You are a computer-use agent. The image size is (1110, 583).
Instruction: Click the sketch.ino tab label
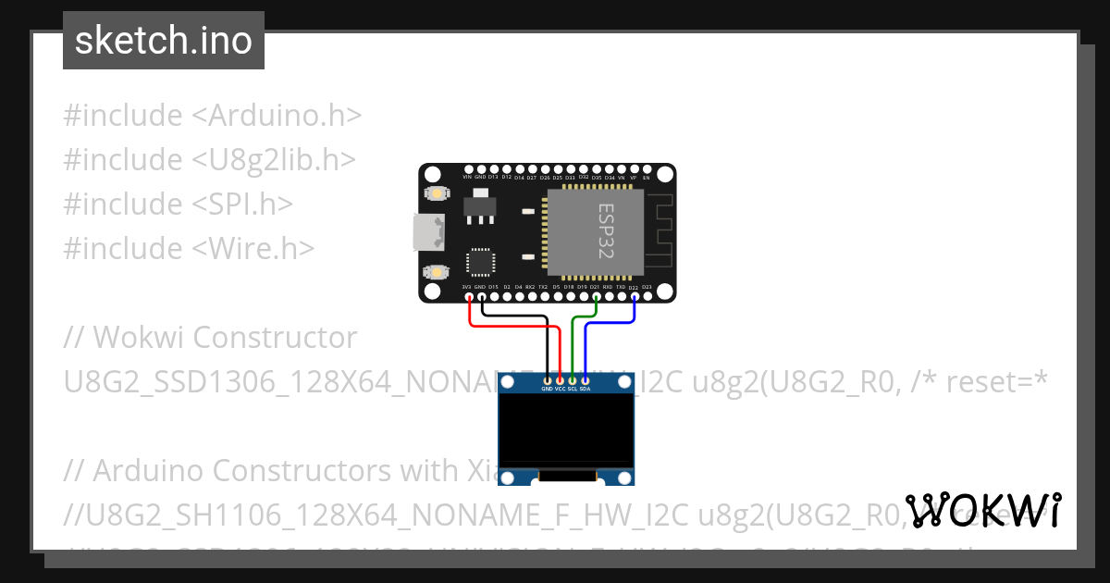click(164, 41)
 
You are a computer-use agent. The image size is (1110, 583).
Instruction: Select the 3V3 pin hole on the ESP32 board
click(467, 297)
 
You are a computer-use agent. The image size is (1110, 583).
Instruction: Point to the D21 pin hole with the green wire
click(595, 297)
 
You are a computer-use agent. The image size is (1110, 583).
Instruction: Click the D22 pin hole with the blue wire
click(634, 297)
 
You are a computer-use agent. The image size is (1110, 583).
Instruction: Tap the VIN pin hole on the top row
click(467, 169)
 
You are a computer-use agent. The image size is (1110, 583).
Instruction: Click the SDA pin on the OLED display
click(585, 380)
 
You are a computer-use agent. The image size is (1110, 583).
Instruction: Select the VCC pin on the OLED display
click(560, 380)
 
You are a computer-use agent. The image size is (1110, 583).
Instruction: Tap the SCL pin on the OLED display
click(573, 380)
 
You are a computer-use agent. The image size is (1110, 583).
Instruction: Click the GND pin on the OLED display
click(548, 380)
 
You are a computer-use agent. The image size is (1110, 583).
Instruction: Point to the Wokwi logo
click(983, 511)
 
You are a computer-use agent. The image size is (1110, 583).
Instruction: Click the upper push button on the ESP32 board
click(435, 193)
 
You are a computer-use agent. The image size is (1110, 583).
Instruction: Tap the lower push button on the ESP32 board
click(435, 272)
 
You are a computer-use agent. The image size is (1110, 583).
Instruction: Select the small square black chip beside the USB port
click(480, 261)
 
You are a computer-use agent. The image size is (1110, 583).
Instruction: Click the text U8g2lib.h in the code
click(274, 160)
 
